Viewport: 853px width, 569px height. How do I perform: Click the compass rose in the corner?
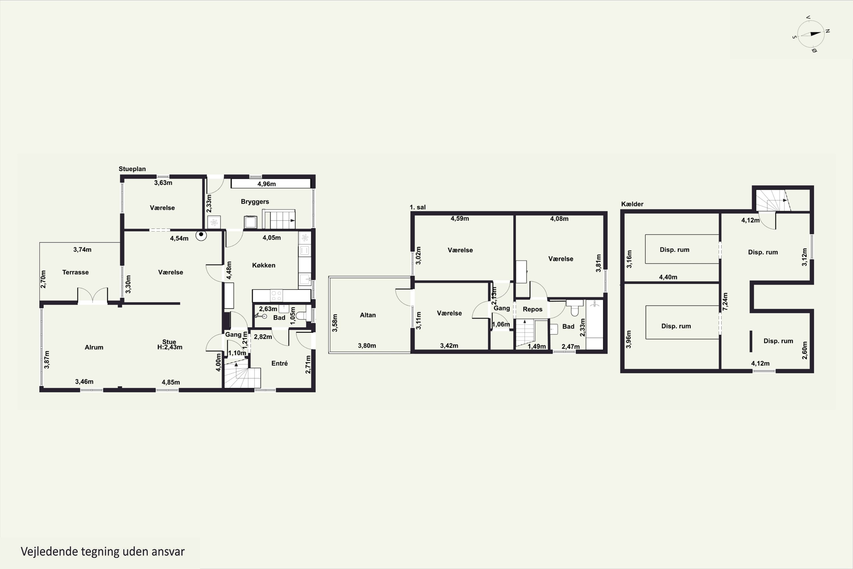(x=811, y=34)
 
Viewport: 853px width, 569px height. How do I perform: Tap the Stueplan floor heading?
(x=132, y=169)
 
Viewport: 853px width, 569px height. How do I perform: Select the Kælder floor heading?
(x=632, y=204)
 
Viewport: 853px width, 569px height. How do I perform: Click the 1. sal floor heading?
(x=418, y=207)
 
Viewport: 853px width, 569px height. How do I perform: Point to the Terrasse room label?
(x=75, y=272)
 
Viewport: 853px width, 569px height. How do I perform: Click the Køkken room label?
(x=264, y=265)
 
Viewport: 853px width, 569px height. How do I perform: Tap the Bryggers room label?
(x=255, y=202)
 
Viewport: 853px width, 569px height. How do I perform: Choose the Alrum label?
(x=94, y=347)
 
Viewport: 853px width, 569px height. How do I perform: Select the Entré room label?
(x=279, y=363)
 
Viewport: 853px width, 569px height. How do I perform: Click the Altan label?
(x=368, y=315)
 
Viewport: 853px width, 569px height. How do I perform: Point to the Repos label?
(x=532, y=310)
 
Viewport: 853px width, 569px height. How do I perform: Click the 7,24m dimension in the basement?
(x=725, y=302)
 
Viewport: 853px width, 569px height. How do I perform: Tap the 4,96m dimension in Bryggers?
(x=267, y=184)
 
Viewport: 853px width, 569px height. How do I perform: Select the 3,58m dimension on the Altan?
(x=335, y=323)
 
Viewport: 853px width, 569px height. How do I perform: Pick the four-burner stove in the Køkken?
(x=276, y=296)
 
